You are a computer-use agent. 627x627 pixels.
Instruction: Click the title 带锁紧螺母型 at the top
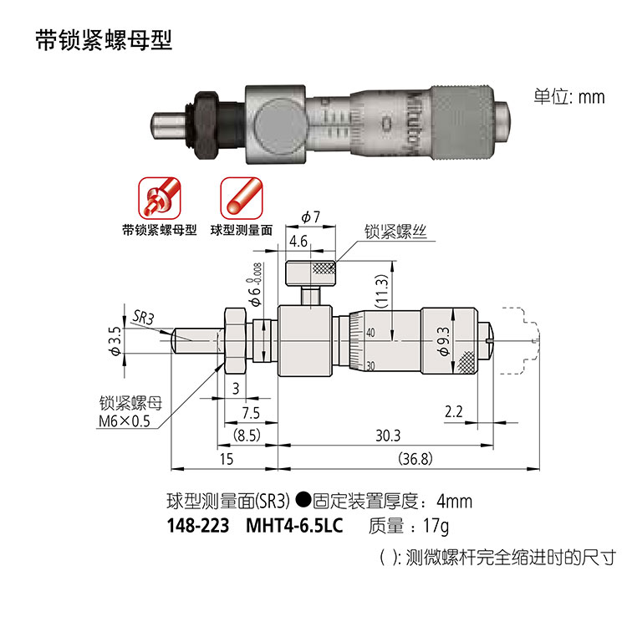[x=104, y=40]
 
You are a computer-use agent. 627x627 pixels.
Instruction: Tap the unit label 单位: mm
[x=569, y=97]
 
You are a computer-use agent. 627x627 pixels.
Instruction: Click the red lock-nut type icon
[x=160, y=198]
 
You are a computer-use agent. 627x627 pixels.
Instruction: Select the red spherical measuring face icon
[x=242, y=198]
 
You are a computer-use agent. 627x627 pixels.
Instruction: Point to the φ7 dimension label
[x=311, y=217]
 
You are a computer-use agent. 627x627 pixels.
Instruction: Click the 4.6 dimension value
[x=298, y=242]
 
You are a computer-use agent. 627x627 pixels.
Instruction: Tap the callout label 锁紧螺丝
[x=395, y=232]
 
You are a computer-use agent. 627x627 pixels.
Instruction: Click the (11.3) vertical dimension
[x=382, y=291]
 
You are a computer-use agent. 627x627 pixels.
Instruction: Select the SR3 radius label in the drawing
[x=143, y=318]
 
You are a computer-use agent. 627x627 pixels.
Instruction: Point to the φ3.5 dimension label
[x=115, y=341]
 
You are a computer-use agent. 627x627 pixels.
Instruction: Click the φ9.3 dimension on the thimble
[x=443, y=341]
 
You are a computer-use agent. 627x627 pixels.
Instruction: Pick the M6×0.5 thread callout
[x=124, y=421]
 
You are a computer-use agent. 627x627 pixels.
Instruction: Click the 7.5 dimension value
[x=251, y=413]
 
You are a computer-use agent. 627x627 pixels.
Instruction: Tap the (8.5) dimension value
[x=247, y=435]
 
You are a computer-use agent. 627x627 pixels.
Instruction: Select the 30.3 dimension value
[x=388, y=436]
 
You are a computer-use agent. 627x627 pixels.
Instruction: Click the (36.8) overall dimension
[x=415, y=458]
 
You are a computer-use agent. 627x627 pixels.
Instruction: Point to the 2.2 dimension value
[x=453, y=411]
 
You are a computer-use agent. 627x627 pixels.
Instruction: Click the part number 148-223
[x=198, y=526]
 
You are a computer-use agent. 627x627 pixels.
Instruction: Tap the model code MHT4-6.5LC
[x=294, y=526]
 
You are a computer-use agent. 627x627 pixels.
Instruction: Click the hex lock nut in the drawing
[x=235, y=341]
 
